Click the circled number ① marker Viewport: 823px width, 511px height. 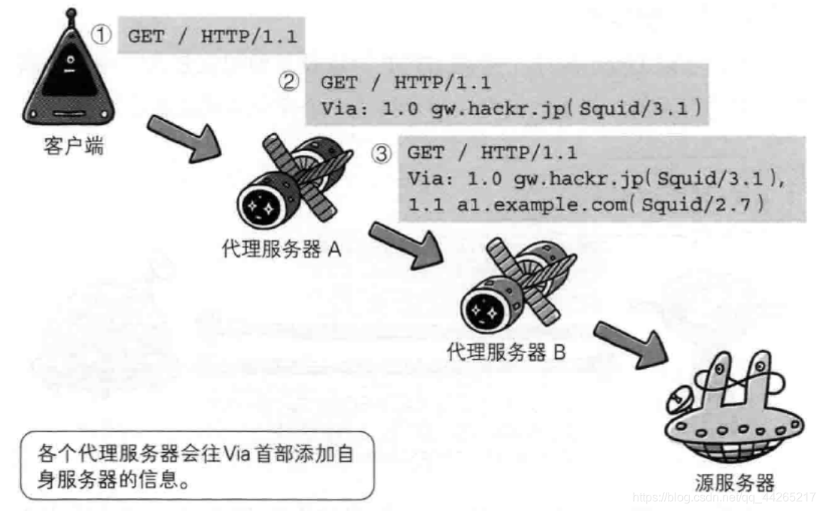click(102, 35)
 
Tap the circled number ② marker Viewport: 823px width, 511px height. click(290, 81)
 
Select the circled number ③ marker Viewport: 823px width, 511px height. click(382, 153)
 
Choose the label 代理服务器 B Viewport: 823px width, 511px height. click(506, 352)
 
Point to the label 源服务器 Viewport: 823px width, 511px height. click(734, 482)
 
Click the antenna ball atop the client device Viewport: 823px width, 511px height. click(71, 14)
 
